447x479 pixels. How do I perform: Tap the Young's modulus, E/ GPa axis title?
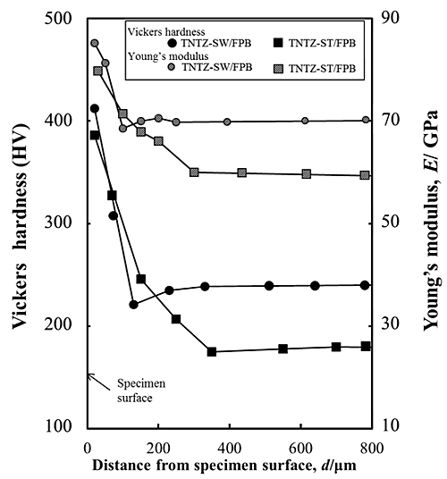tap(432, 223)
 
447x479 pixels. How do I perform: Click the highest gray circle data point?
tap(95, 43)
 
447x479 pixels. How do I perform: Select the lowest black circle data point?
tap(133, 305)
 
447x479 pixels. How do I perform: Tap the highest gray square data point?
tap(98, 71)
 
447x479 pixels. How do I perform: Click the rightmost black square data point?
tap(366, 346)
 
